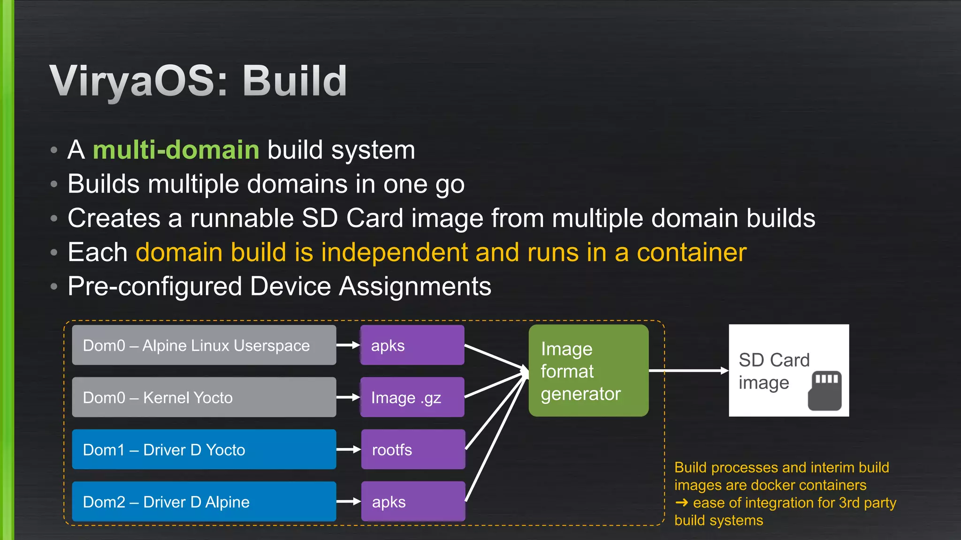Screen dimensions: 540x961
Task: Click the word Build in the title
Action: click(x=295, y=81)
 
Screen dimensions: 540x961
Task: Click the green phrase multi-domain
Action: click(x=176, y=150)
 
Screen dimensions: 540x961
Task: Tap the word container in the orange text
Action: click(x=691, y=253)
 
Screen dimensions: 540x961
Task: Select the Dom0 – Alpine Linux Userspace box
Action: click(x=204, y=345)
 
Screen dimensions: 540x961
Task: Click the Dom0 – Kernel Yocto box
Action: click(x=204, y=397)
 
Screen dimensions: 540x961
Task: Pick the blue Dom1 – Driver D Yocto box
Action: click(x=204, y=450)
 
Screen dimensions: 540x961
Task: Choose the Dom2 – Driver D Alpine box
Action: click(x=204, y=502)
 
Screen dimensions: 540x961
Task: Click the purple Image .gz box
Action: click(x=412, y=397)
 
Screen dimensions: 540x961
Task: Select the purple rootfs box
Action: click(x=413, y=450)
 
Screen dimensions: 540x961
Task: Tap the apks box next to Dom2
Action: click(x=413, y=502)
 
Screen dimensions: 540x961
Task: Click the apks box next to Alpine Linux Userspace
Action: click(x=412, y=345)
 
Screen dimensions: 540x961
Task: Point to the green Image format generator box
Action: click(x=588, y=371)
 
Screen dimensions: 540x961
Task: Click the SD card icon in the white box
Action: click(x=824, y=390)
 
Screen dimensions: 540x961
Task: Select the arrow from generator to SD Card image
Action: click(x=688, y=371)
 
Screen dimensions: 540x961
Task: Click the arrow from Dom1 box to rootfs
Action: click(x=348, y=450)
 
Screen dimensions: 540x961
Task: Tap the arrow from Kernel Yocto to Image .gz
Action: click(x=348, y=397)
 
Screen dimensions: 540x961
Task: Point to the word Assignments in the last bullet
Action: click(x=415, y=286)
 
